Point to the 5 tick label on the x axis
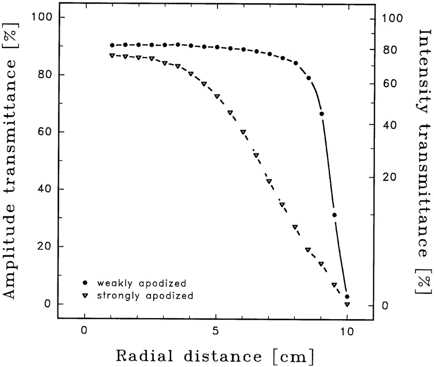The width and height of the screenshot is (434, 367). pos(216,330)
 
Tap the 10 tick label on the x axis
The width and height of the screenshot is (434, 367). pos(347,330)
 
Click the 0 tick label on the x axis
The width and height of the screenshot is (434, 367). pos(85,330)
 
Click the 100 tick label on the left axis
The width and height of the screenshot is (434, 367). pos(41,18)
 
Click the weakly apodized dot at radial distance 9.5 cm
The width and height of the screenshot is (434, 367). pos(335,215)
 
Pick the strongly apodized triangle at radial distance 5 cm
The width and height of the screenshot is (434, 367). pos(217,96)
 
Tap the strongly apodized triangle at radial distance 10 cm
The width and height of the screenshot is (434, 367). pos(347,304)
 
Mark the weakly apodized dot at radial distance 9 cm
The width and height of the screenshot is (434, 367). pos(321,114)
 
